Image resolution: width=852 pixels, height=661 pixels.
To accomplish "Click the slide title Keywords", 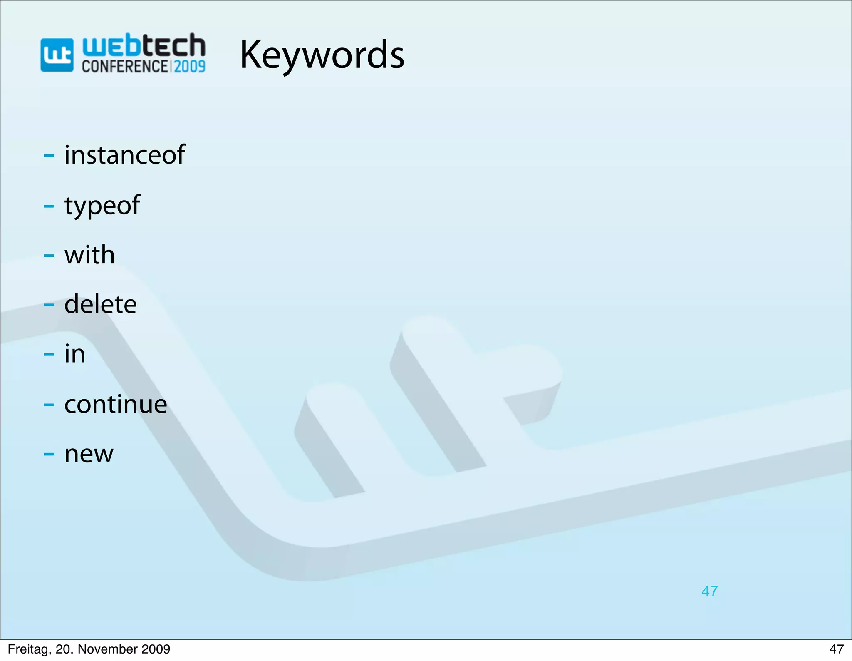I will pyautogui.click(x=322, y=55).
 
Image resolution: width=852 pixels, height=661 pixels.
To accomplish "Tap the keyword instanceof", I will pyautogui.click(x=124, y=155).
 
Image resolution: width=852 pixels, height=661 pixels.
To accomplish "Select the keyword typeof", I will pyautogui.click(x=102, y=205).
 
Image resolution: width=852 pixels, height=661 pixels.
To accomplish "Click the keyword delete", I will pyautogui.click(x=100, y=304).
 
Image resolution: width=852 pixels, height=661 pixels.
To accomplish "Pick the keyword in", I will pyautogui.click(x=75, y=354).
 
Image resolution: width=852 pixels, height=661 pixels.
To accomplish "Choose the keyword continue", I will pyautogui.click(x=116, y=404).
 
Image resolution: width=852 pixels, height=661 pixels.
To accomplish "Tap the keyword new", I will pyautogui.click(x=89, y=454).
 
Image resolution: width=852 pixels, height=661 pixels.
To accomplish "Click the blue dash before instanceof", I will pyautogui.click(x=49, y=156).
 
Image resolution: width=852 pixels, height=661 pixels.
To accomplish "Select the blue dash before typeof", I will pyautogui.click(x=49, y=206).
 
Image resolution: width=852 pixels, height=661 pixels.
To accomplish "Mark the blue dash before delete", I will pyautogui.click(x=49, y=305).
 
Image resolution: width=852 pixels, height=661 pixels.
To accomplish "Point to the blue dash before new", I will pyautogui.click(x=49, y=454).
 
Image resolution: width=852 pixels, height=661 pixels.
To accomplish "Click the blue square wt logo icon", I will pyautogui.click(x=57, y=55).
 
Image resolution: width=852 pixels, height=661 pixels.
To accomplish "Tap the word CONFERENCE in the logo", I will pyautogui.click(x=125, y=66).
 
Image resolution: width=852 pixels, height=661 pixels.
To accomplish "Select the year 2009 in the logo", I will pyautogui.click(x=189, y=66).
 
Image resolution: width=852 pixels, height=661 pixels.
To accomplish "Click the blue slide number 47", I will pyautogui.click(x=709, y=591).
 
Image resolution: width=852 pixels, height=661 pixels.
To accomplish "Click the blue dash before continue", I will pyautogui.click(x=49, y=405).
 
